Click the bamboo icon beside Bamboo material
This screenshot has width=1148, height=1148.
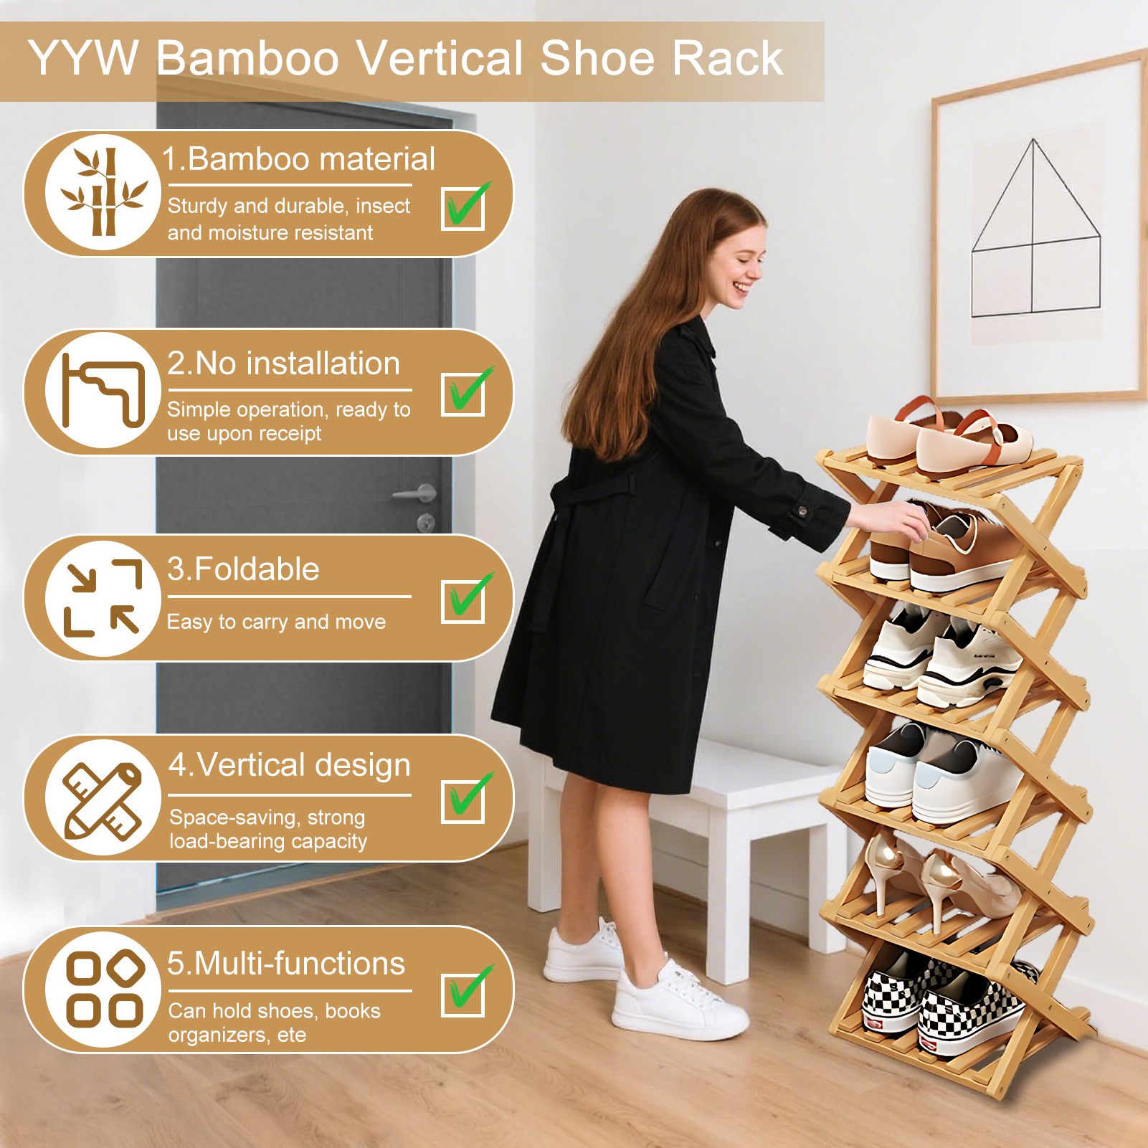pyautogui.click(x=104, y=192)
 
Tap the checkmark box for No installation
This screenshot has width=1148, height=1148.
pyautogui.click(x=463, y=394)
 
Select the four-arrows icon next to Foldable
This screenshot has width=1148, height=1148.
pyautogui.click(x=103, y=598)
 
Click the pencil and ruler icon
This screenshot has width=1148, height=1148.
pyautogui.click(x=103, y=800)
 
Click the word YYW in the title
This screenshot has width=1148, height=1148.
pyautogui.click(x=83, y=58)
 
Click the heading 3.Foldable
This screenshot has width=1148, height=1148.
pyautogui.click(x=243, y=569)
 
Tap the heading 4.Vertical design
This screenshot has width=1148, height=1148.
pyautogui.click(x=290, y=766)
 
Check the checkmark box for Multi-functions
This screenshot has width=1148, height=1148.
pyautogui.click(x=463, y=993)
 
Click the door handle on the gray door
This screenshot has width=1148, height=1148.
pyautogui.click(x=416, y=493)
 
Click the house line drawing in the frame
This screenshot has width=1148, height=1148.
pyautogui.click(x=1035, y=227)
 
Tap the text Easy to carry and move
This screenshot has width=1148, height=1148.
pyautogui.click(x=276, y=622)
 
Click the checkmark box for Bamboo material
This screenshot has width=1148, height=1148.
pyautogui.click(x=463, y=208)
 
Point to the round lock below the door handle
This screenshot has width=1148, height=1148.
pyautogui.click(x=426, y=523)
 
